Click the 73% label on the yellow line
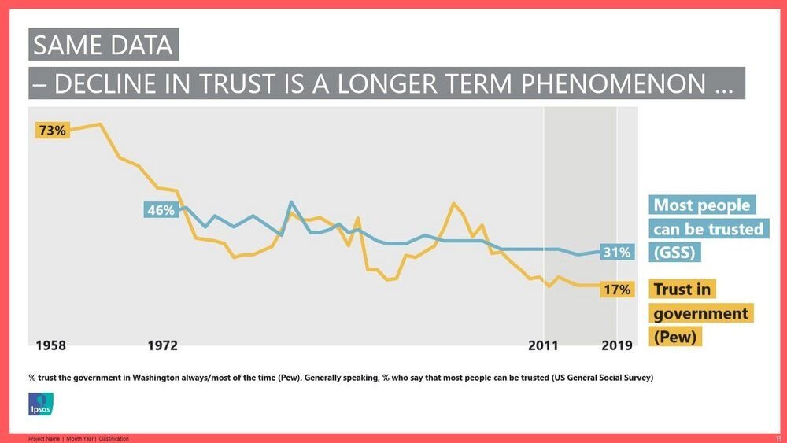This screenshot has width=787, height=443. coord(52,131)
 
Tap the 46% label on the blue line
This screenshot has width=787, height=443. coord(161,210)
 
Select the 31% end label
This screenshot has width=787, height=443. coord(616,252)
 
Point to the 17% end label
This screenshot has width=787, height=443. coord(616,290)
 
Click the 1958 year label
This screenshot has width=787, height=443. coord(51,346)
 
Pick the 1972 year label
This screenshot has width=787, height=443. coord(162,346)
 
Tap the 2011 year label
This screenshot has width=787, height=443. coord(543,346)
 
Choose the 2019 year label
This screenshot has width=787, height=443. coord(616,346)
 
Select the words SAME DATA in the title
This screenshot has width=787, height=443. coord(103,45)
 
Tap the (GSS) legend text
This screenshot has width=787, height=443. coord(675,253)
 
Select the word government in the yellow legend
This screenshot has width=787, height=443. coord(700,313)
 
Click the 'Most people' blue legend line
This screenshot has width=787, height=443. coord(702,205)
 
